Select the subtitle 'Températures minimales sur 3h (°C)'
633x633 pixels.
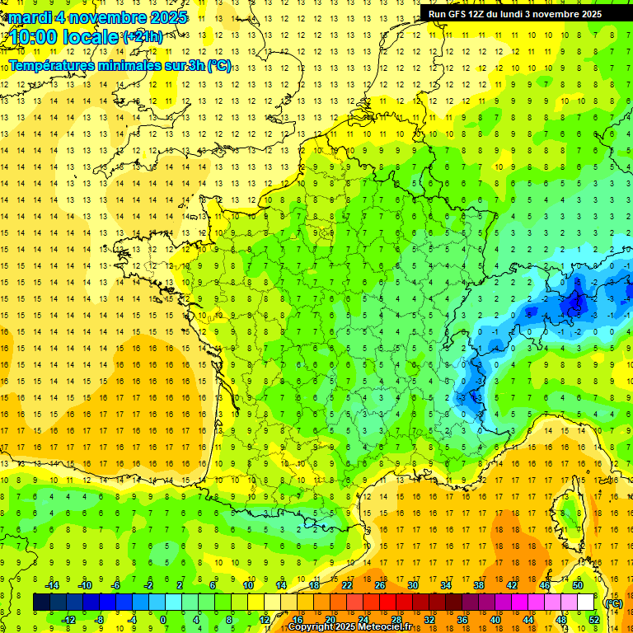click(x=120, y=65)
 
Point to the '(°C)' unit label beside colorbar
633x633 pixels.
click(x=612, y=603)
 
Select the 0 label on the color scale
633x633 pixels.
click(x=163, y=620)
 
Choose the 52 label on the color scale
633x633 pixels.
click(x=594, y=620)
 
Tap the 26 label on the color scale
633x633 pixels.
click(x=380, y=585)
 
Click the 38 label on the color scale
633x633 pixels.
click(x=479, y=585)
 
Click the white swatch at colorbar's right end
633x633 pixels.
click(x=586, y=603)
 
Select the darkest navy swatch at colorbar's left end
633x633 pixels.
click(x=41, y=603)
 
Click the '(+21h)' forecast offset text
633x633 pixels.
click(x=143, y=36)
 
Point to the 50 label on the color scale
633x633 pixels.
click(x=578, y=585)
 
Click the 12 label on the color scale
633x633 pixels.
click(x=265, y=620)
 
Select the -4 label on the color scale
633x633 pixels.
click(x=131, y=620)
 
